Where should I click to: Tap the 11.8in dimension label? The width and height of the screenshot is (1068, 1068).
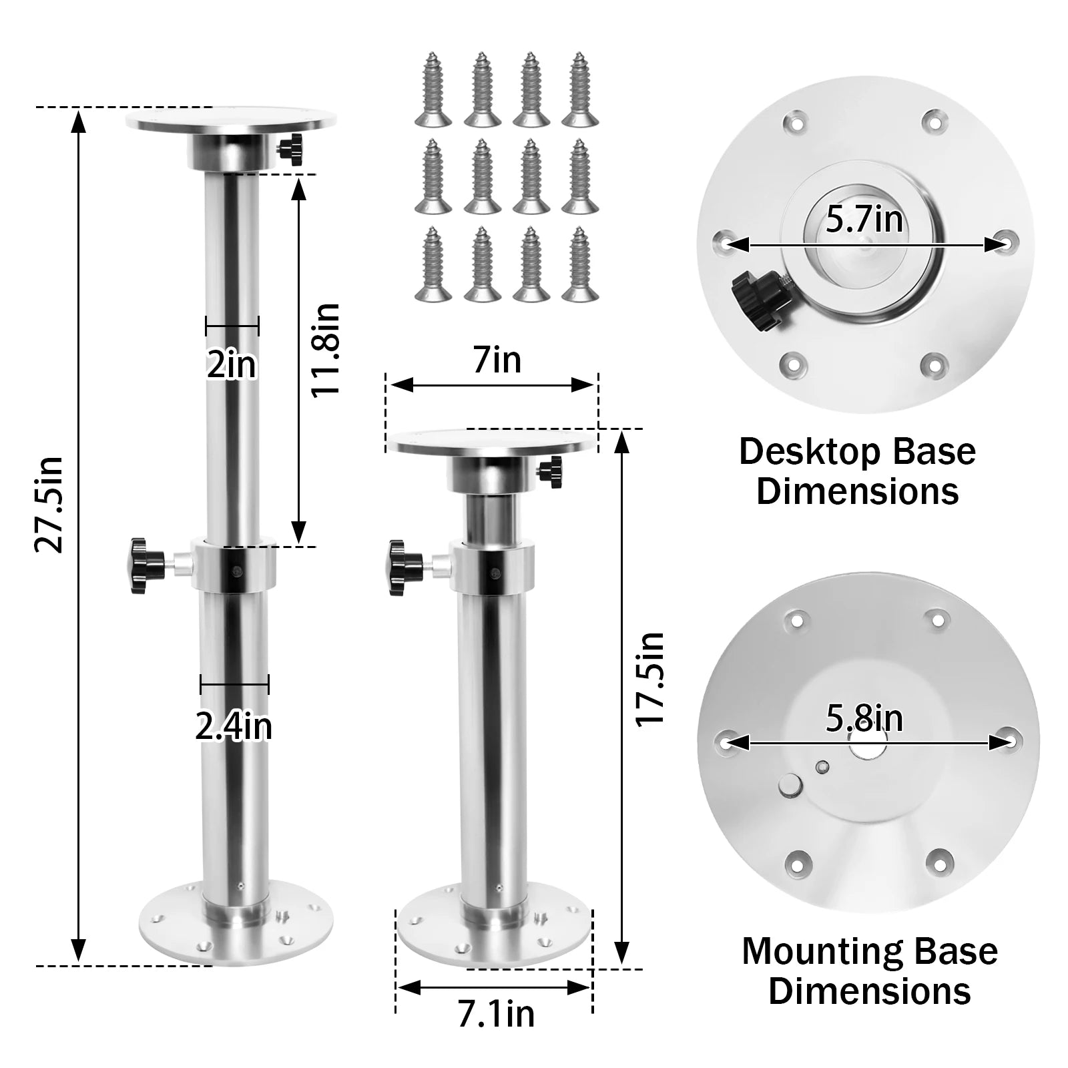coord(326,349)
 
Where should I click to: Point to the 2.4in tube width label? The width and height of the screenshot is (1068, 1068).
coord(234,726)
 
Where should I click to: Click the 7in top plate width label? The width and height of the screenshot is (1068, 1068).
coord(497,360)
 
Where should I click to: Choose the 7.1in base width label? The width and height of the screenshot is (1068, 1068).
coord(496,1014)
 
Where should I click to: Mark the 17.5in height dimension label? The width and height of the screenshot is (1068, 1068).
coord(649,679)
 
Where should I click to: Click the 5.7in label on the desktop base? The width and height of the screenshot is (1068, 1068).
coord(864,220)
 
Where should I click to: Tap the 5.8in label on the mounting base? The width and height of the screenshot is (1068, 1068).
coord(864,718)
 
